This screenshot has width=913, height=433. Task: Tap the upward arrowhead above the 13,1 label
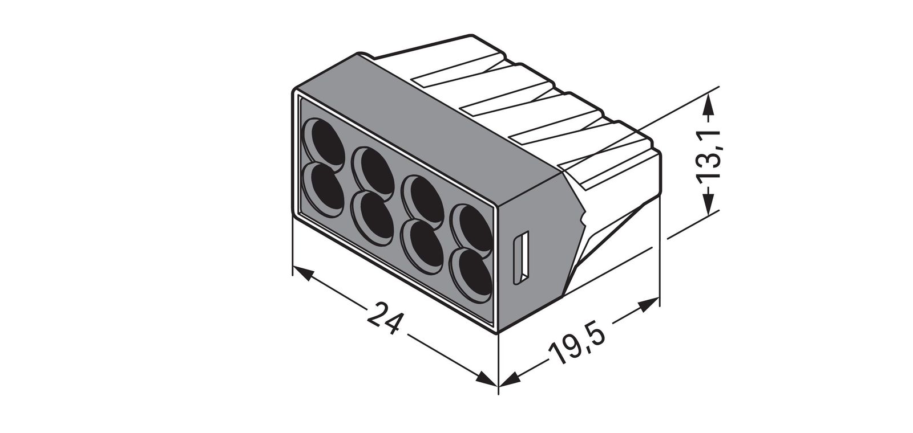point(709,105)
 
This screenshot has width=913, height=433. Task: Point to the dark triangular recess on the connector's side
point(605,239)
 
